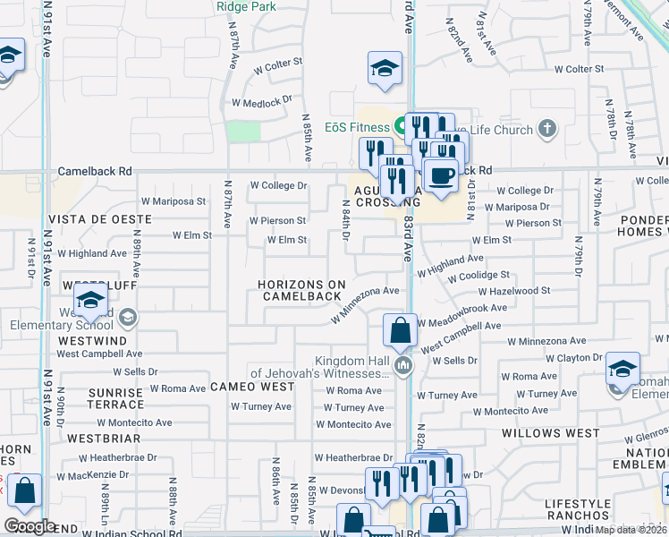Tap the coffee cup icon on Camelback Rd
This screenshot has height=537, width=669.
pos(439,175)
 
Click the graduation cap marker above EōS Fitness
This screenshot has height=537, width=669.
pos(385,68)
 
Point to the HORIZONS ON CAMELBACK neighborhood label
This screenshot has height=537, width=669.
pos(301,290)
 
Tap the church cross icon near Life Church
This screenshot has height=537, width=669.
pos(548,129)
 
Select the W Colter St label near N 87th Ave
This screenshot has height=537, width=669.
pos(278,64)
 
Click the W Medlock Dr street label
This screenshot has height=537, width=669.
pos(262,102)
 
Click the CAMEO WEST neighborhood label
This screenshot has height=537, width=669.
pos(252,387)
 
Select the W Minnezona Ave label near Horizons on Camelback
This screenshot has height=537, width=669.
pos(365,304)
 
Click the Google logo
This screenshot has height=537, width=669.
pos(30,526)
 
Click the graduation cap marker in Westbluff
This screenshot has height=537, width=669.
pos(91,302)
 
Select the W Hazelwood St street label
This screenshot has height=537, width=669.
pos(514,291)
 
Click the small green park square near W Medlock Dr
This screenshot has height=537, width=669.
pos(243,132)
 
